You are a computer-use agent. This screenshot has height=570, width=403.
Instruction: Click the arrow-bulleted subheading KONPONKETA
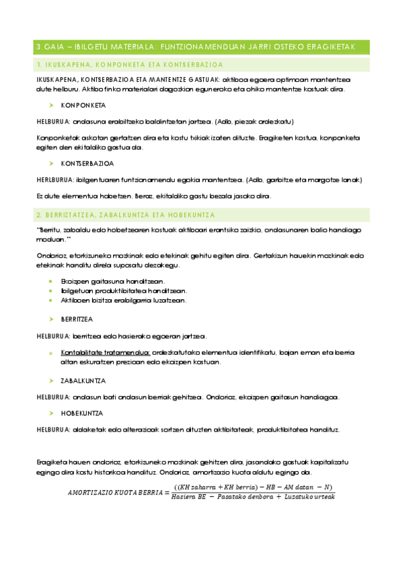point(83,106)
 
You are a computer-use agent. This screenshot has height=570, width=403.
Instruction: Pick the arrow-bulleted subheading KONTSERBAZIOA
point(87,163)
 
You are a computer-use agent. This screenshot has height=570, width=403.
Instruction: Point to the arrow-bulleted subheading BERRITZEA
point(77,319)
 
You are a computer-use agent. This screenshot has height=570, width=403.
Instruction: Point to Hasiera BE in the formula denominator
point(190,497)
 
